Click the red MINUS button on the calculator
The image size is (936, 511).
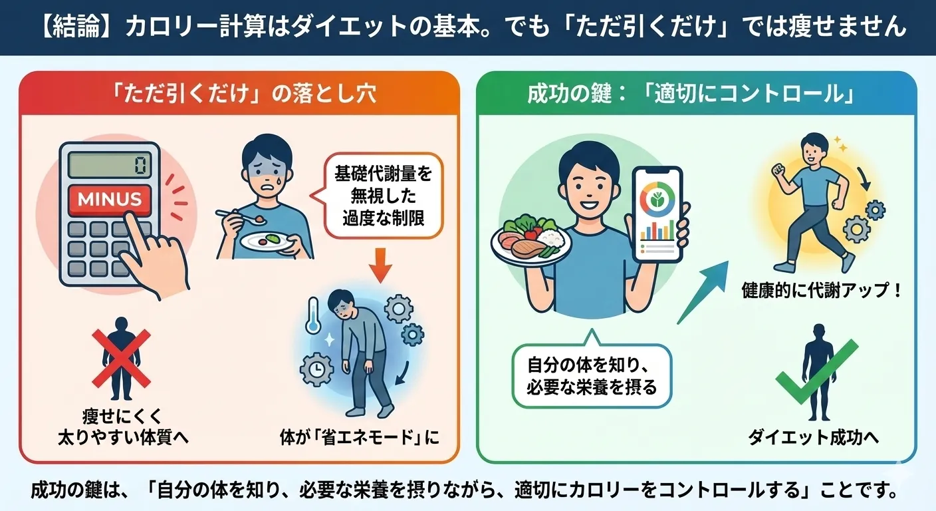[110, 198]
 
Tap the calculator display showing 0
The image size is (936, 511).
[110, 164]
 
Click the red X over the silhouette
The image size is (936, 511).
[121, 359]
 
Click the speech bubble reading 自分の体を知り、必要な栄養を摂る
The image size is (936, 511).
[592, 376]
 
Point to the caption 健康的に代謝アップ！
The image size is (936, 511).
[821, 291]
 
